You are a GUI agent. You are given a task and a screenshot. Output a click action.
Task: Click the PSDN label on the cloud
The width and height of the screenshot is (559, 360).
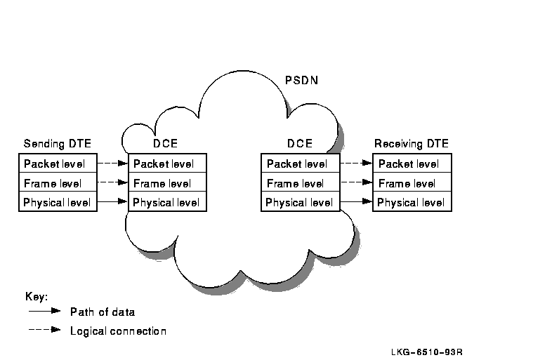coord(301,80)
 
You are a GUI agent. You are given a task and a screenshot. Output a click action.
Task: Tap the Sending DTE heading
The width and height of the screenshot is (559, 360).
coord(58,144)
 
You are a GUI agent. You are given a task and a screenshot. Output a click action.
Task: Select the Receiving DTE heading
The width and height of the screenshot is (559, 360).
coord(411,144)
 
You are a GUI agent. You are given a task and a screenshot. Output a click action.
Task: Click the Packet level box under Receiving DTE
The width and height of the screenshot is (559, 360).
coord(412,164)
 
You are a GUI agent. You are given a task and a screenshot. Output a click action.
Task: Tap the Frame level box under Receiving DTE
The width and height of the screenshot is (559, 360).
coord(412,183)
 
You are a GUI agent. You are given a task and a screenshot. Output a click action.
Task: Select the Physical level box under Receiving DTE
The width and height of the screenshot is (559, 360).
coord(412,202)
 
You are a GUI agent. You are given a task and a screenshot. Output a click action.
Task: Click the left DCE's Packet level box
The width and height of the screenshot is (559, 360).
coord(167,164)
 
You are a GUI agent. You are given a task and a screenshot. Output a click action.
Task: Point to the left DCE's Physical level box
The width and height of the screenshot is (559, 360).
coord(167,202)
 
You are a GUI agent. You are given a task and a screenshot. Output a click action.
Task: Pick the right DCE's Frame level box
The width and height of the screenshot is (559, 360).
coord(300,183)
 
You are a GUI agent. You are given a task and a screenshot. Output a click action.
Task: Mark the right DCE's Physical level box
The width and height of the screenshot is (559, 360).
coord(300,202)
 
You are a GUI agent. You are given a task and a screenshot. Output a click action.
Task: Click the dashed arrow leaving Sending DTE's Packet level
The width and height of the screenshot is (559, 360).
coord(113,164)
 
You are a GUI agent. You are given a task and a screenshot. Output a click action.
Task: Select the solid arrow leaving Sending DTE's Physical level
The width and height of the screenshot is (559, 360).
coord(113,202)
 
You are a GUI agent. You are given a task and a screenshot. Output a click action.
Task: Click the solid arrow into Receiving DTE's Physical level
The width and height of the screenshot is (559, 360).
coord(356,202)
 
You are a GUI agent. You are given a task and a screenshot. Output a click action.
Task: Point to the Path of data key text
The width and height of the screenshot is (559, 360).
coord(103,312)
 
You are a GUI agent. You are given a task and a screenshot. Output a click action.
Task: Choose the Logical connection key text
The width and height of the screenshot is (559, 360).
coord(118,331)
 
